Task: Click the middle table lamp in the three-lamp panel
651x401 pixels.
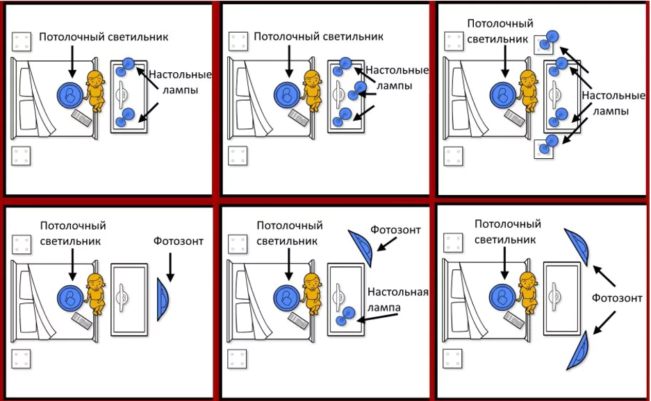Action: point(356,91)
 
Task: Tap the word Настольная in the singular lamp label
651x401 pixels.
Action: point(397,292)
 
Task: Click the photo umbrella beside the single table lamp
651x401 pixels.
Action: point(361,248)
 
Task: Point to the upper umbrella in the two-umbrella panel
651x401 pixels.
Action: point(578,246)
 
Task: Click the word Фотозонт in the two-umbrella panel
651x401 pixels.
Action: point(617,298)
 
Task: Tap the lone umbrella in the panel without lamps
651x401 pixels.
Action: point(163,300)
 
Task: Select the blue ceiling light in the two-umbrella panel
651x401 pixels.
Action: point(502,297)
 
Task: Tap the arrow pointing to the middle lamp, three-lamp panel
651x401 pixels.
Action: point(365,94)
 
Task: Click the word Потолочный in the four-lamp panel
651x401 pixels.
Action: point(500,24)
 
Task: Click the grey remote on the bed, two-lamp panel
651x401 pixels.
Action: point(81,118)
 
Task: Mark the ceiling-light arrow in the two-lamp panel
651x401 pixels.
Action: point(72,61)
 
